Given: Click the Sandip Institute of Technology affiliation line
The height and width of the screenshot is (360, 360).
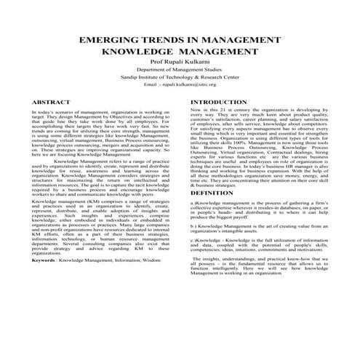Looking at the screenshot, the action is pos(180,85).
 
